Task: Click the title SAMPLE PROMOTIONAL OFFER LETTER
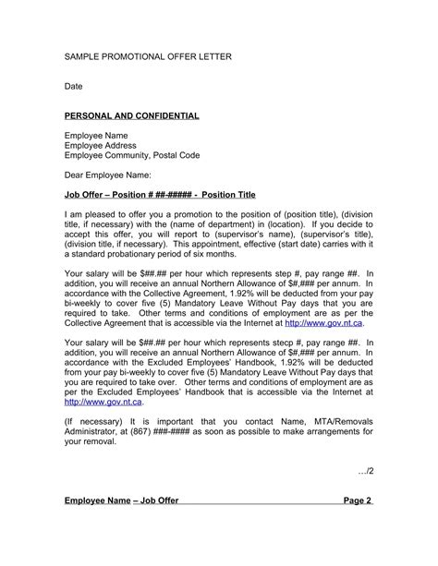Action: (147, 57)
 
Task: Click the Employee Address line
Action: (102, 146)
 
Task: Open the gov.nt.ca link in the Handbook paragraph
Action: (103, 402)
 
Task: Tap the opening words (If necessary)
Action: (93, 421)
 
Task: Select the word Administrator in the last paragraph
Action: (95, 431)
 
